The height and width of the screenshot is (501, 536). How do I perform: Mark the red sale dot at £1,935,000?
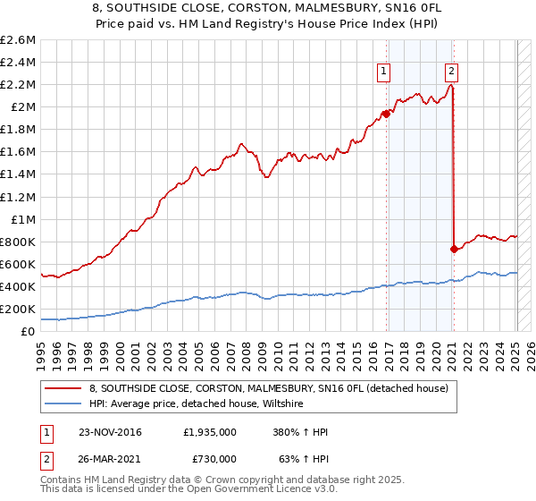[x=387, y=114]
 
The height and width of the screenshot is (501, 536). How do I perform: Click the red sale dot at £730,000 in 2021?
[x=454, y=249]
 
